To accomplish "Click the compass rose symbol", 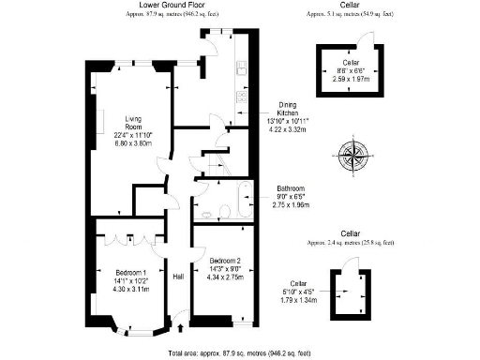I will pos(353,153).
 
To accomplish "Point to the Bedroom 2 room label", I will pos(225,260).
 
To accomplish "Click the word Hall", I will pos(178,277).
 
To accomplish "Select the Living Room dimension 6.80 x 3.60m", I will pos(132,143).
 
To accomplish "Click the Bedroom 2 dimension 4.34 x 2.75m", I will pos(225,277).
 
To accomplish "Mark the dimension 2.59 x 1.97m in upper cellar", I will pos(352,79).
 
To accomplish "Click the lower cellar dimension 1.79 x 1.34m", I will pos(299,300).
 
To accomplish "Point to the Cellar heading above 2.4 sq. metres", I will pos(350,232).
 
